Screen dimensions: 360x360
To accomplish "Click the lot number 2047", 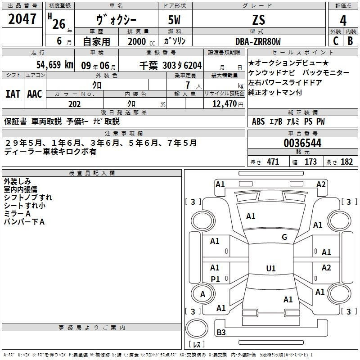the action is pos(22,19).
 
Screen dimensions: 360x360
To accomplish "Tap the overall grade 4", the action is pos(343,20).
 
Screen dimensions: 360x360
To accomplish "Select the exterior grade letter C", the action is pos(336,41).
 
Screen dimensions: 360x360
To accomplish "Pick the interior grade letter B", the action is pos(350,41).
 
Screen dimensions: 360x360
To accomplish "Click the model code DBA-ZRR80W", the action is pos(258,41).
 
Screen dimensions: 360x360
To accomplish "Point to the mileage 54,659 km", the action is pos(55,65).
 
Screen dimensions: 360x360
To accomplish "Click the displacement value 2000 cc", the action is pos(141,41).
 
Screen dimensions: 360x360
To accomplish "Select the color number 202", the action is pos(74,104).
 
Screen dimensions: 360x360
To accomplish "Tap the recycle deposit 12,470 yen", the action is pos(228,104).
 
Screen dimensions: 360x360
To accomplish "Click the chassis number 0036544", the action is pos(302,143).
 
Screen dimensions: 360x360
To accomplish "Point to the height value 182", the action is pos(346,162).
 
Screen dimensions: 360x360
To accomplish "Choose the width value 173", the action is pos(310,162).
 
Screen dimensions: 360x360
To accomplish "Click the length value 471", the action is pos(273,162).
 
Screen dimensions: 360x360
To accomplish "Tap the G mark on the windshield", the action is pos(284,237).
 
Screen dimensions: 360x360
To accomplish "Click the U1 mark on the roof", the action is pos(271,268).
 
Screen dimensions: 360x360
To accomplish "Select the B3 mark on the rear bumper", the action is pos(221,332).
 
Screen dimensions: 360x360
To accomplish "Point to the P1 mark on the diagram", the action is pos(215,279).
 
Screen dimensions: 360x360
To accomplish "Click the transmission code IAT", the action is pos(13,94).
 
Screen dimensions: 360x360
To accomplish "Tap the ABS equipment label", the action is pos(258,121).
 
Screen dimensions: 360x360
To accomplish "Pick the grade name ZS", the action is pos(259,20).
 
